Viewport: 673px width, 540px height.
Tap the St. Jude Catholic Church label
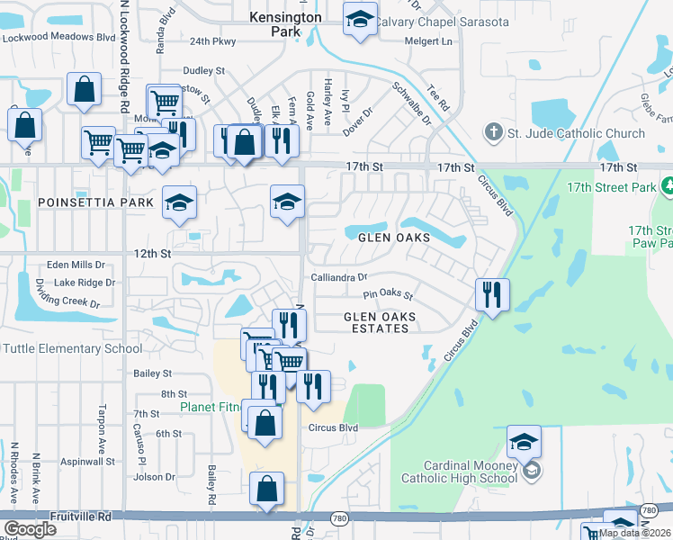tap(575, 133)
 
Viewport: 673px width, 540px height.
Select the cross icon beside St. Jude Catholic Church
tap(492, 133)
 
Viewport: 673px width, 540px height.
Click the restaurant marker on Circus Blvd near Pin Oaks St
tap(492, 293)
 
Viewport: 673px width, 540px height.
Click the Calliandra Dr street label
tap(339, 277)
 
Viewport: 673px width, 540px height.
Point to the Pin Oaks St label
tap(388, 294)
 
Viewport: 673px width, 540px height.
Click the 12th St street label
tap(152, 255)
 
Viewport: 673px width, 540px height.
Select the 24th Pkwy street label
tap(212, 41)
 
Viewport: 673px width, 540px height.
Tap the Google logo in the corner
tap(30, 529)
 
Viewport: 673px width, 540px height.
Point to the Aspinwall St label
tap(86, 461)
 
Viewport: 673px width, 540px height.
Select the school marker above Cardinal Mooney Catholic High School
tap(523, 441)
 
